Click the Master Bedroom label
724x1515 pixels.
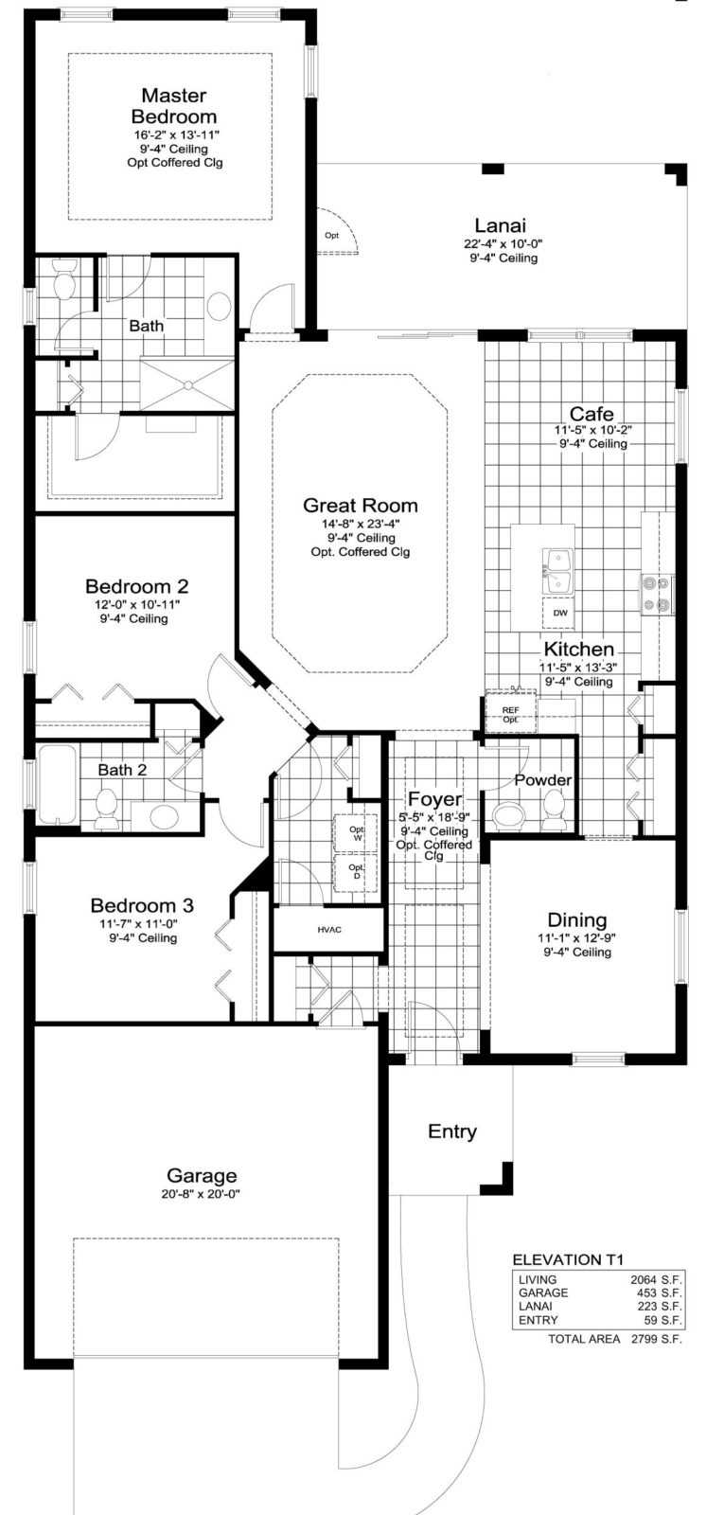point(173,106)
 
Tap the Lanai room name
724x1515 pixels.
point(495,225)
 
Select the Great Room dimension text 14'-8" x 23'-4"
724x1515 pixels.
point(360,525)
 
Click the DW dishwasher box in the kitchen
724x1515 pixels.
point(560,614)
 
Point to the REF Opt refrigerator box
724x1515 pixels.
point(510,714)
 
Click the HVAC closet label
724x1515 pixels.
point(329,930)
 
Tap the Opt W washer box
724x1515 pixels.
point(356,834)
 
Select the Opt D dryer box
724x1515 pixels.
point(356,871)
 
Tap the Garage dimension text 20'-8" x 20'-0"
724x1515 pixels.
point(202,1194)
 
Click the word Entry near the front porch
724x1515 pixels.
point(452,1132)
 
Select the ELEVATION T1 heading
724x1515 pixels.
point(568,1260)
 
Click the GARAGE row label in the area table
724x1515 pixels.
point(543,1292)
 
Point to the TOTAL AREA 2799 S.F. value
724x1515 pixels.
point(656,1339)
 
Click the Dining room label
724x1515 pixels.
point(577,920)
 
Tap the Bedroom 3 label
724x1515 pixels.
point(133,905)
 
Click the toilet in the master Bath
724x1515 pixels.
point(65,281)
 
